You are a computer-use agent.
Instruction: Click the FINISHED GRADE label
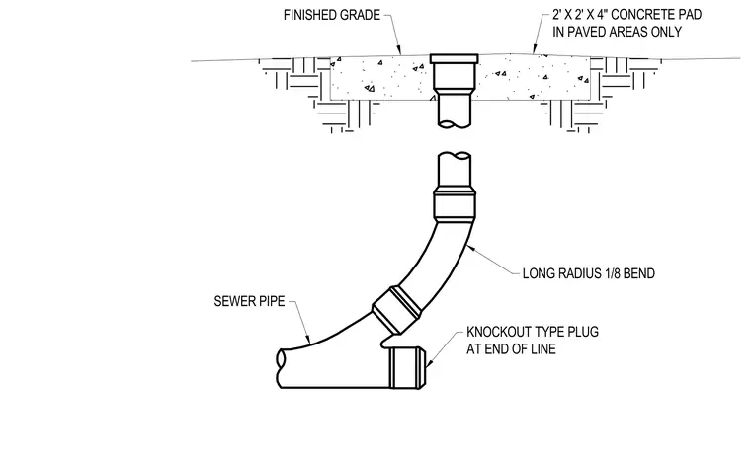[331, 15]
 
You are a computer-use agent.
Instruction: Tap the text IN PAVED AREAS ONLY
[617, 32]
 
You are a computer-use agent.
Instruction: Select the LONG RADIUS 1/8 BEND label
[589, 273]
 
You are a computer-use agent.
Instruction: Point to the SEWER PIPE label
[249, 301]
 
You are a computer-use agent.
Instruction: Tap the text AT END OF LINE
[511, 348]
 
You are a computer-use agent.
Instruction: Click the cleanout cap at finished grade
[454, 58]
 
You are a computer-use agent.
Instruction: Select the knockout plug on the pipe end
[407, 367]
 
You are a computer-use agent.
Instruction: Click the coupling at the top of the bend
[455, 204]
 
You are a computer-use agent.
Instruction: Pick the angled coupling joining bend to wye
[397, 309]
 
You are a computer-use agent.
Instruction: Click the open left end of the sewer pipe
[282, 368]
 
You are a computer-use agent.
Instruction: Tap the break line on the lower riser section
[455, 156]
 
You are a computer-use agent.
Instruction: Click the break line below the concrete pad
[455, 124]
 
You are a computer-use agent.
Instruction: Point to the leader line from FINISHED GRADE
[392, 33]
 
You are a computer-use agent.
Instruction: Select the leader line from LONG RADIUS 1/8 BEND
[493, 260]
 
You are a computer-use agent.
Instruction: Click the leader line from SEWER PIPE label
[300, 322]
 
